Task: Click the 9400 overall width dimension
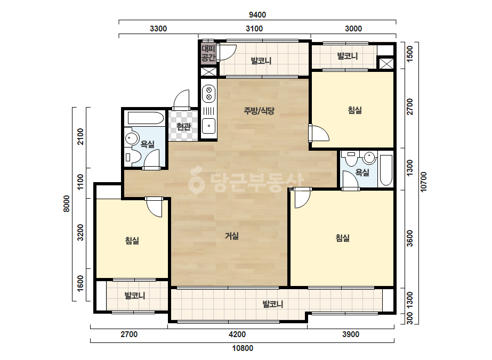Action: tap(257, 15)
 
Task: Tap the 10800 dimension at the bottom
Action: tap(243, 348)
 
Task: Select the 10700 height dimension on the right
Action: tap(423, 182)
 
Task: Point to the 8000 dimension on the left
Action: tap(67, 203)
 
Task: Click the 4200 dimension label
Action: tap(237, 334)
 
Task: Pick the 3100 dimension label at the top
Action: tap(254, 29)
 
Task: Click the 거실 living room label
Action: tap(232, 236)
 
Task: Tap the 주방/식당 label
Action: tap(259, 110)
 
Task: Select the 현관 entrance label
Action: tap(183, 127)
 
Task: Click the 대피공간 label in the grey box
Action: tap(208, 53)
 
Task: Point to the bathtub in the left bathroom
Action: tap(146, 118)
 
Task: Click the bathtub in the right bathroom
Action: tap(386, 170)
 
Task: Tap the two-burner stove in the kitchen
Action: tap(209, 94)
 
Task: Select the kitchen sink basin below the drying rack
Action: tap(208, 126)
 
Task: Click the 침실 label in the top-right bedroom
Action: tap(354, 110)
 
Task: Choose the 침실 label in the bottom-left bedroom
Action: tap(132, 241)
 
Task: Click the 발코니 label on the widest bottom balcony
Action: tap(273, 304)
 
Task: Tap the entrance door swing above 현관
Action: tap(182, 100)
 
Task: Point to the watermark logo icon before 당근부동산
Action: tap(196, 181)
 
